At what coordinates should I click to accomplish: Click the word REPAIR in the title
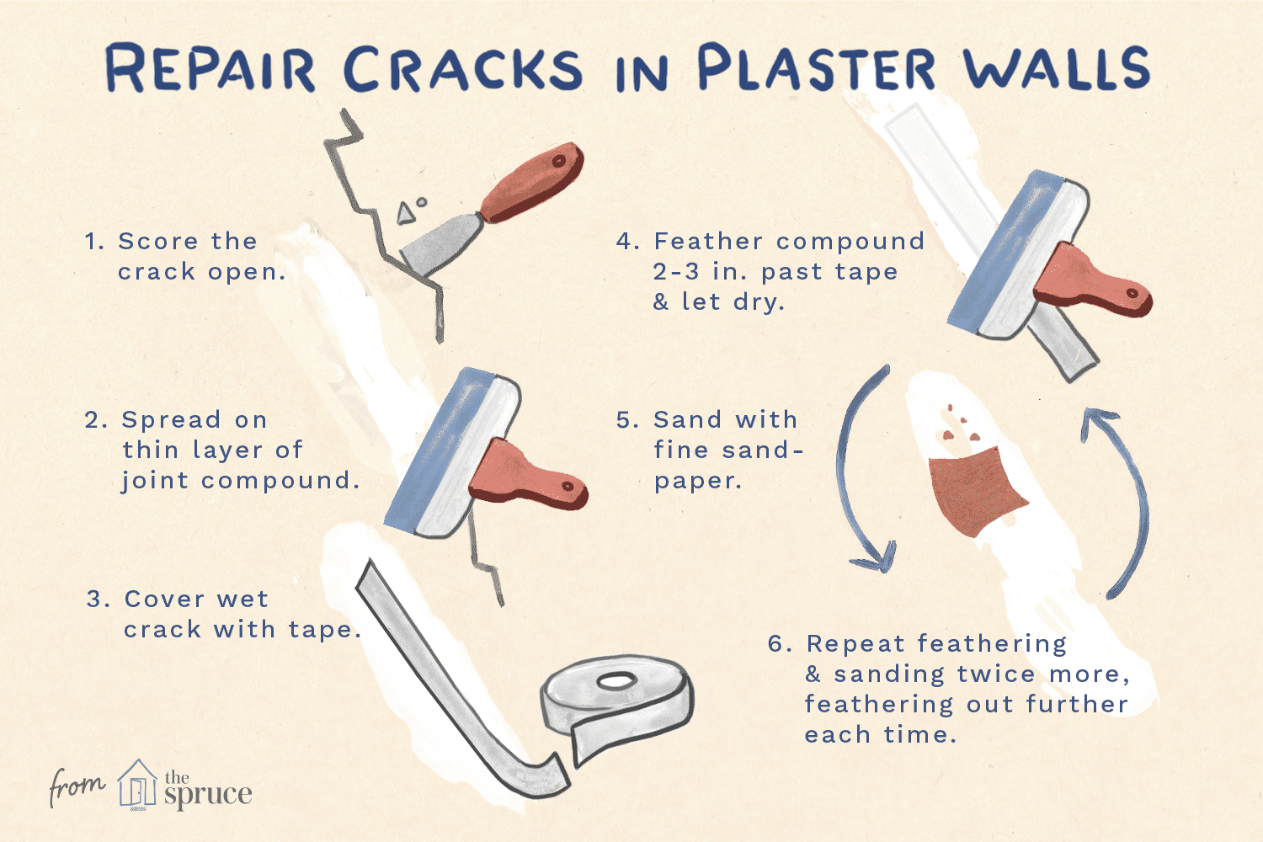[x=210, y=69]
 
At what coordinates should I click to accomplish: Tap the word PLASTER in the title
[x=817, y=67]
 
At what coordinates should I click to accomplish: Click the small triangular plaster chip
[x=405, y=214]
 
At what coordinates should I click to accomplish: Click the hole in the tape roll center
[x=616, y=680]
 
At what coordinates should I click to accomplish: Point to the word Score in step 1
[x=158, y=242]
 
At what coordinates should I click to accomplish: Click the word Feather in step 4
[x=707, y=242]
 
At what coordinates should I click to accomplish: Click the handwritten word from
[x=77, y=786]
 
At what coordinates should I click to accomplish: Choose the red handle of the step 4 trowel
[x=1091, y=282]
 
